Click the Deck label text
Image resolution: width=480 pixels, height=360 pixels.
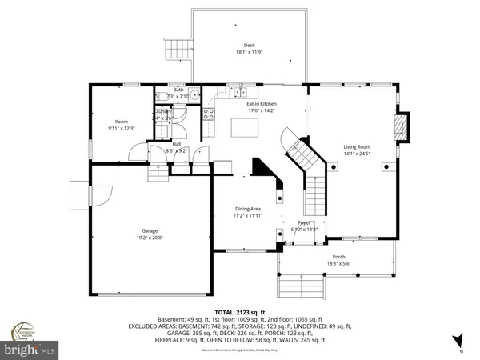[x=250, y=46]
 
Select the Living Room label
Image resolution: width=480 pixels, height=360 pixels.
[x=357, y=146]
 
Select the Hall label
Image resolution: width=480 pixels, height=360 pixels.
[x=177, y=144]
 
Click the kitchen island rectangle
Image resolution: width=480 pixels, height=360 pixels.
[x=242, y=126]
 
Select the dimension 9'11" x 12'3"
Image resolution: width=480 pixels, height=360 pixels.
[x=122, y=129]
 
